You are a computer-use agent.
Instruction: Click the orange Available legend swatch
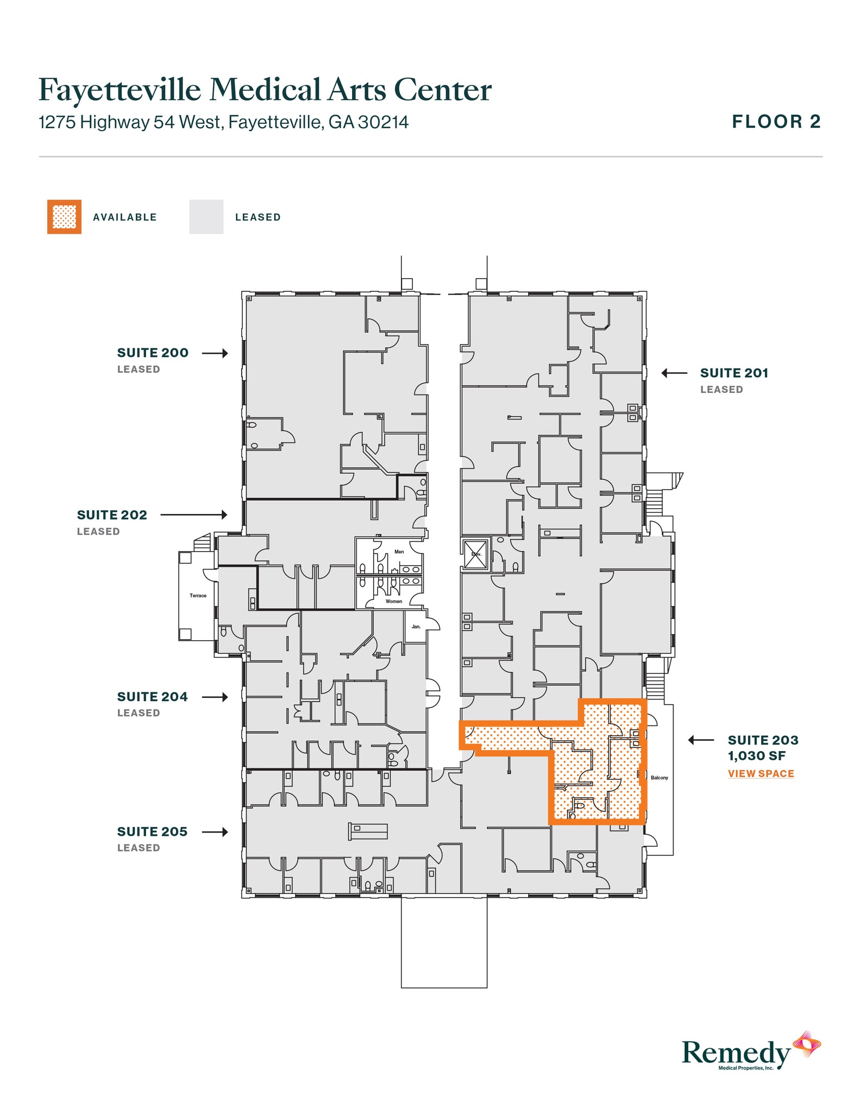pyautogui.click(x=64, y=217)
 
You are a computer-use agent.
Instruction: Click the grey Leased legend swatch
pyautogui.click(x=206, y=217)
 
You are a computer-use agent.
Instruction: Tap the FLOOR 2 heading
pyautogui.click(x=776, y=122)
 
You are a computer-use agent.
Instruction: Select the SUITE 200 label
pyautogui.click(x=153, y=353)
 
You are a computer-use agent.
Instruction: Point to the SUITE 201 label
pyautogui.click(x=734, y=373)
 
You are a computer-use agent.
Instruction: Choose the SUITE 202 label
pyautogui.click(x=112, y=515)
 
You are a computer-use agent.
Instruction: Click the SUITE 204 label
pyautogui.click(x=153, y=697)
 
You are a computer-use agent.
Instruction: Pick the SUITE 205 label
pyautogui.click(x=153, y=831)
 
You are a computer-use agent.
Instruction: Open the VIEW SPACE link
pyautogui.click(x=761, y=773)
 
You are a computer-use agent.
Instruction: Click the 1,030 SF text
pyautogui.click(x=756, y=756)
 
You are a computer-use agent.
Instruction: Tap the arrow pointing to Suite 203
pyautogui.click(x=701, y=740)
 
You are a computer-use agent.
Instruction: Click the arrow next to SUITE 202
pyautogui.click(x=194, y=515)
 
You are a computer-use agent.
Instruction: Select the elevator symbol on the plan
pyautogui.click(x=475, y=554)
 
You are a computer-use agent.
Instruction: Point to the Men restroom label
pyautogui.click(x=399, y=552)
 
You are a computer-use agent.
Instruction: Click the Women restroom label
pyautogui.click(x=394, y=601)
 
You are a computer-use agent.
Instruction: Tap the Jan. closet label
pyautogui.click(x=416, y=627)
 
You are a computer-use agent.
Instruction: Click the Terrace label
pyautogui.click(x=198, y=596)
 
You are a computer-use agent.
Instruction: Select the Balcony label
pyautogui.click(x=659, y=778)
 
